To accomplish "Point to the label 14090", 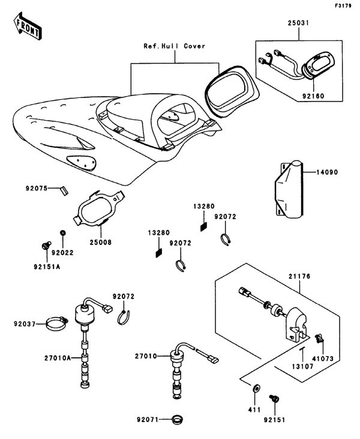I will (328, 172).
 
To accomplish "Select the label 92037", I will (25, 324).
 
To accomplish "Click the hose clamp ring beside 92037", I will (60, 325).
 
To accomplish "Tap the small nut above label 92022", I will (62, 232).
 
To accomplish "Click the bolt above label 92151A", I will (44, 245).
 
